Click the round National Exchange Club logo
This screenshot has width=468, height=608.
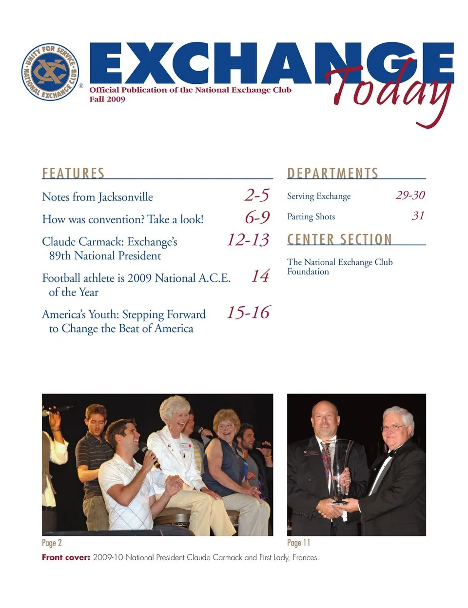[x=50, y=72]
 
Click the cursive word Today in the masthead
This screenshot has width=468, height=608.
[x=390, y=90]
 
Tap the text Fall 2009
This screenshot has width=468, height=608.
[x=107, y=99]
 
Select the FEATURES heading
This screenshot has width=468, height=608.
[x=73, y=173]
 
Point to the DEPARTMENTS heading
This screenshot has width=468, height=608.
[x=332, y=173]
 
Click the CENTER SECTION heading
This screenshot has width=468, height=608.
[x=339, y=239]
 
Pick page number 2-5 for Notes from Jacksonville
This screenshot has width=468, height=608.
[x=257, y=195]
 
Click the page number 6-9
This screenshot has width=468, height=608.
[x=257, y=217]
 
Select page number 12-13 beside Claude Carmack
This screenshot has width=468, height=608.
[x=248, y=239]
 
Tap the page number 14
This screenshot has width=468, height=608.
[x=260, y=276]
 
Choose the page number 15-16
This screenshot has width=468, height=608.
[x=248, y=312]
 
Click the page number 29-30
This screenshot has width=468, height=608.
[x=410, y=195]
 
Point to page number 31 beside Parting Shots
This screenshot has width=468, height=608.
[x=418, y=216]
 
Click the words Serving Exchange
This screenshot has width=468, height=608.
[x=319, y=196]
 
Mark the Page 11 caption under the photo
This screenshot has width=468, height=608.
[x=298, y=543]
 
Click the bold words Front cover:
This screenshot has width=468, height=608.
[x=66, y=557]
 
